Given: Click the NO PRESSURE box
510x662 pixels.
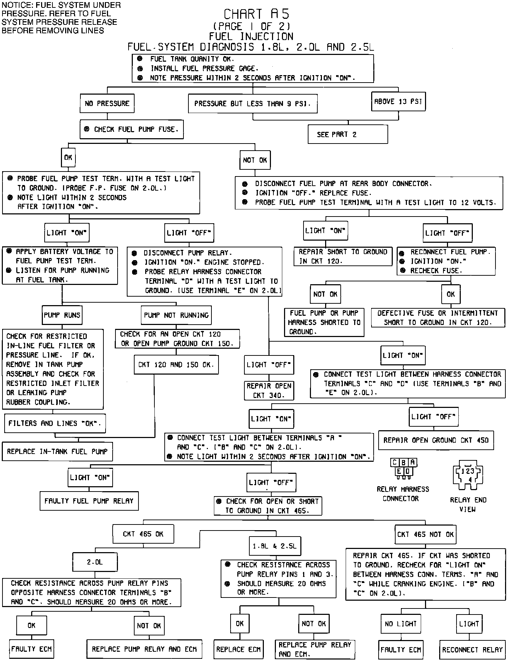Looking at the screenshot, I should (107, 103).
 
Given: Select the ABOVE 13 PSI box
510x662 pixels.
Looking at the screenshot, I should (398, 102).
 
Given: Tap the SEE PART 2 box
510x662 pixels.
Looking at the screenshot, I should (347, 134).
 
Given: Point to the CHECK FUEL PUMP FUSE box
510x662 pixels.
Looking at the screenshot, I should (131, 129).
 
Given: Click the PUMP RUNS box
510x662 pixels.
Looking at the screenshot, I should (62, 315).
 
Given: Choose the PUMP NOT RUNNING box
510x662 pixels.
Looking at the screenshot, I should (176, 315).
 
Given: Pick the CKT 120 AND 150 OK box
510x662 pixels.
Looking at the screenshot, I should (176, 365).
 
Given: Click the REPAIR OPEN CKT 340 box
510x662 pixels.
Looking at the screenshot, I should (269, 391).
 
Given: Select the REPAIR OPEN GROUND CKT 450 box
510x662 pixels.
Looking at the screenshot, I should (436, 441).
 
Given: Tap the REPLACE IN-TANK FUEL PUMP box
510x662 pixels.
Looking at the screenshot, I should (57, 451).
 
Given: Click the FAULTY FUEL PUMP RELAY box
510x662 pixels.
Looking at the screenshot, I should (89, 501).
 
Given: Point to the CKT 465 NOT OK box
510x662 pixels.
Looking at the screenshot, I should (425, 534).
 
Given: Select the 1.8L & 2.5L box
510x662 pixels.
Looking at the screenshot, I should (275, 546).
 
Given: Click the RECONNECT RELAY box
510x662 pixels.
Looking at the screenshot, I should (472, 650).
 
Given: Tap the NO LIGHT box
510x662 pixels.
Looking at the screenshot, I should (401, 624).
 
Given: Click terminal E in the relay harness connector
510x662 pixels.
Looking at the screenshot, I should (399, 471).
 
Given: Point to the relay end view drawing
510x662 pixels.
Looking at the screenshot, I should (468, 475).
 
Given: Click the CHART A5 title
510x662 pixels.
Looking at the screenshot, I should (257, 14).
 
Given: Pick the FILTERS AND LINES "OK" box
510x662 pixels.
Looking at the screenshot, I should (55, 423).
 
